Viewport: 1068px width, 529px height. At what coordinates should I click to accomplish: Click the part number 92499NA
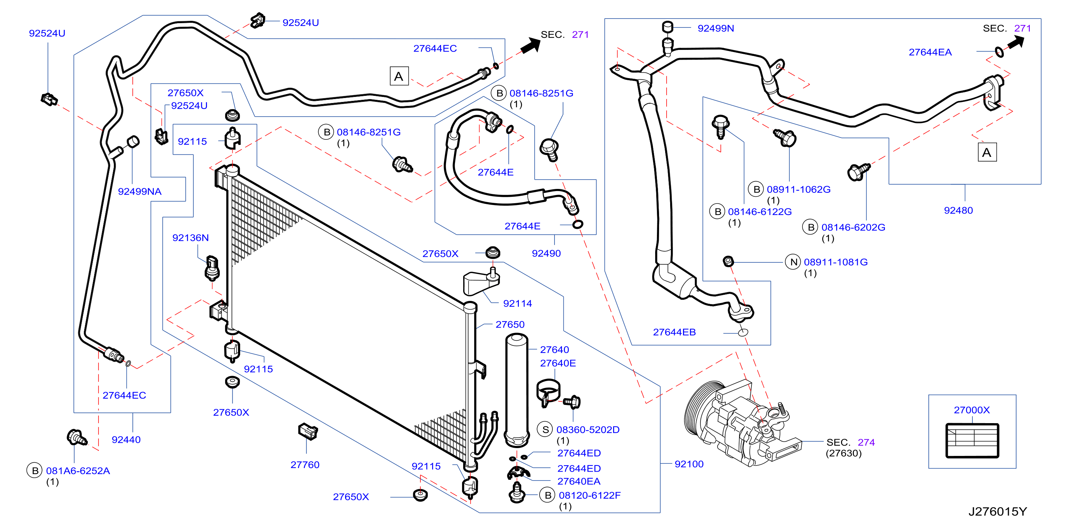pos(140,191)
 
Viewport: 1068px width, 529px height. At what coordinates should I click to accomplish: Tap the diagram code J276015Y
pos(997,512)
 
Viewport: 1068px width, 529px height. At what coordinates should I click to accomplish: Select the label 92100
pos(689,464)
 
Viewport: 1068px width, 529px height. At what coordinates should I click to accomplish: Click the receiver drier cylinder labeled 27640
pos(517,391)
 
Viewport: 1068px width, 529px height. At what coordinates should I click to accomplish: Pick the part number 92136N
pos(190,238)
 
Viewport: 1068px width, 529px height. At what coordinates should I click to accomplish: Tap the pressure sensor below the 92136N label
pos(212,268)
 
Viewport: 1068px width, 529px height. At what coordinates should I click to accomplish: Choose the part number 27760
pos(305,465)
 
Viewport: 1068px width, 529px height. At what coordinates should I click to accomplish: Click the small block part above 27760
pos(308,431)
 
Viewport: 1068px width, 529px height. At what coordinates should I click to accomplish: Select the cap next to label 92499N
pos(667,27)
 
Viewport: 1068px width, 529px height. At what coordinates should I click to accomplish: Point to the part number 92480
pos(958,210)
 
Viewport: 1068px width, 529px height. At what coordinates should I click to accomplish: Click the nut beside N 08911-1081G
pos(728,261)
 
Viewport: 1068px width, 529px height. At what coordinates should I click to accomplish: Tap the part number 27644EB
pos(674,332)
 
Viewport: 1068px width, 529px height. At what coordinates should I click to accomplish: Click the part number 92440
pos(126,440)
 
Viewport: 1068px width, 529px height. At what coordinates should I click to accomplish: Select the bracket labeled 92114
pos(481,282)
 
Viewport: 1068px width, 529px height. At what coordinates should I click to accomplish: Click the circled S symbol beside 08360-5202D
pos(545,430)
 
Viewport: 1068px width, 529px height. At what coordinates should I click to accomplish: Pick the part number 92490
pos(546,253)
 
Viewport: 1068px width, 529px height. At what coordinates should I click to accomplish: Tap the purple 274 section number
pos(866,442)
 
